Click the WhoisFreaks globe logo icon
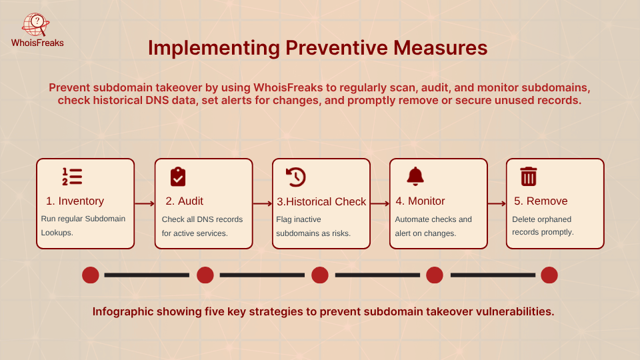pos(36,25)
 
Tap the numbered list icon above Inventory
pos(72,177)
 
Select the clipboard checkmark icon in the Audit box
pos(178,177)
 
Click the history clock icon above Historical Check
pos(295,177)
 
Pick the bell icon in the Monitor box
pos(415,177)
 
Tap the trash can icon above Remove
pos(529,177)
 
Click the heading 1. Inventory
pos(75,201)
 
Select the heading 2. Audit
pos(184,201)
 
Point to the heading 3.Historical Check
pos(321,201)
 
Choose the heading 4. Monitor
pos(420,201)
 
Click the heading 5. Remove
pos(540,201)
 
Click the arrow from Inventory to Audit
pos(144,204)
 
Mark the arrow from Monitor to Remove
pos(496,204)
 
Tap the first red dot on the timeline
pos(91,275)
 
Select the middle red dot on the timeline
pos(320,275)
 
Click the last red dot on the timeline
pos(549,275)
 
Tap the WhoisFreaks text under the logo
pos(37,43)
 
